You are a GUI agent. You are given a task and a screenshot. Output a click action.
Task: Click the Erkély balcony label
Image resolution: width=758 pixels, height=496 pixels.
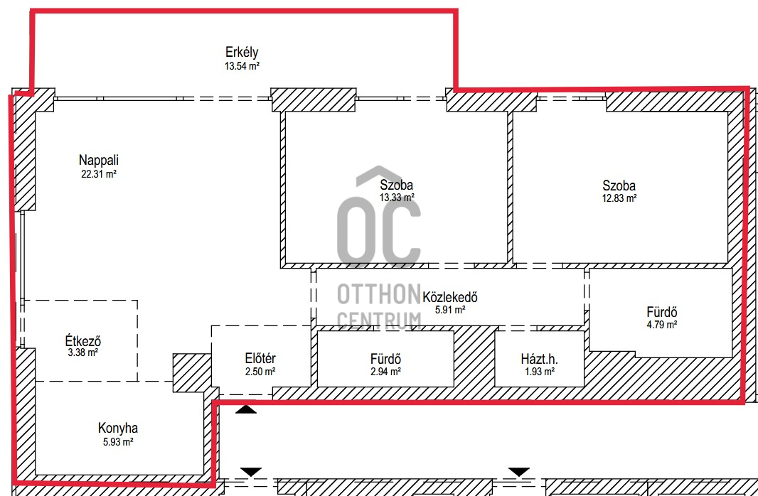point(242,52)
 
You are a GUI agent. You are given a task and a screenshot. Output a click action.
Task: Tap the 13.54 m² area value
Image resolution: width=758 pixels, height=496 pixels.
point(242,65)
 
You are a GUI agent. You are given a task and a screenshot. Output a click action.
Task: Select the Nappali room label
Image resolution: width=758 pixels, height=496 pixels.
point(99,160)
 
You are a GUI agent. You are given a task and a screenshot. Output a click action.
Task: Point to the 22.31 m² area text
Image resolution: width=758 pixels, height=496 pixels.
point(99,174)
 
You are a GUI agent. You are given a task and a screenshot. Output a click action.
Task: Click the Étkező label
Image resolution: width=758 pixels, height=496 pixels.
point(83,340)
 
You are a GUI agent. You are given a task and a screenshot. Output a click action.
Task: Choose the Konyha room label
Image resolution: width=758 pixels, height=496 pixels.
point(118,428)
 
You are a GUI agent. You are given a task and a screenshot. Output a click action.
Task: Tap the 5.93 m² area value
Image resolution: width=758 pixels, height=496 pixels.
point(118,441)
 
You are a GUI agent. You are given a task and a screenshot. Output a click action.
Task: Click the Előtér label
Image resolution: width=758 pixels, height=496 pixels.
point(260,358)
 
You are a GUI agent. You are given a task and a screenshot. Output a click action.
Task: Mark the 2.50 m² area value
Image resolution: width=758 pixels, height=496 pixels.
point(260,372)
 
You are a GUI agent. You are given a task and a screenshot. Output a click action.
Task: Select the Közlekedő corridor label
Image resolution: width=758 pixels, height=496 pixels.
point(450,297)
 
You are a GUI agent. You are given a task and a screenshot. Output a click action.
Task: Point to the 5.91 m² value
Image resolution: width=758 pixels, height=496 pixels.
point(450,310)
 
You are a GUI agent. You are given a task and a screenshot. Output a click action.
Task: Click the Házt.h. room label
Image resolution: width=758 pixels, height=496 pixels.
point(540,359)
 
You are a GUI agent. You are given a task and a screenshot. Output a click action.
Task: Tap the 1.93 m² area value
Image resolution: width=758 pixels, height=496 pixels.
point(540,372)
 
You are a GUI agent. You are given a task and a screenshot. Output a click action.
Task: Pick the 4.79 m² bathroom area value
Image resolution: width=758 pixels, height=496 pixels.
point(662,325)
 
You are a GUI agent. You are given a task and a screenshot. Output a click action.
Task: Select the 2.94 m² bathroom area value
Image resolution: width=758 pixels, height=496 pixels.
point(385,372)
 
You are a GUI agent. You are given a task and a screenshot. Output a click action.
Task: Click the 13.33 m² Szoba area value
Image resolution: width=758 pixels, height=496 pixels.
point(396,198)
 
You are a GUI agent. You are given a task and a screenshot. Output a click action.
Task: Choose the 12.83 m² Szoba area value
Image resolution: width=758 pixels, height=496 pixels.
point(619,198)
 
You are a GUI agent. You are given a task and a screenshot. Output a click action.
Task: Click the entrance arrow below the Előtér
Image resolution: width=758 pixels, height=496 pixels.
point(246,409)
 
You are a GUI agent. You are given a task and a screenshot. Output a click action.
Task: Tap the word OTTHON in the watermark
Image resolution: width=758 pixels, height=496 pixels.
point(378,293)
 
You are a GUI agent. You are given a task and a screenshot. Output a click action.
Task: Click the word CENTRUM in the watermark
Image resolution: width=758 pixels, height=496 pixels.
point(378,320)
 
